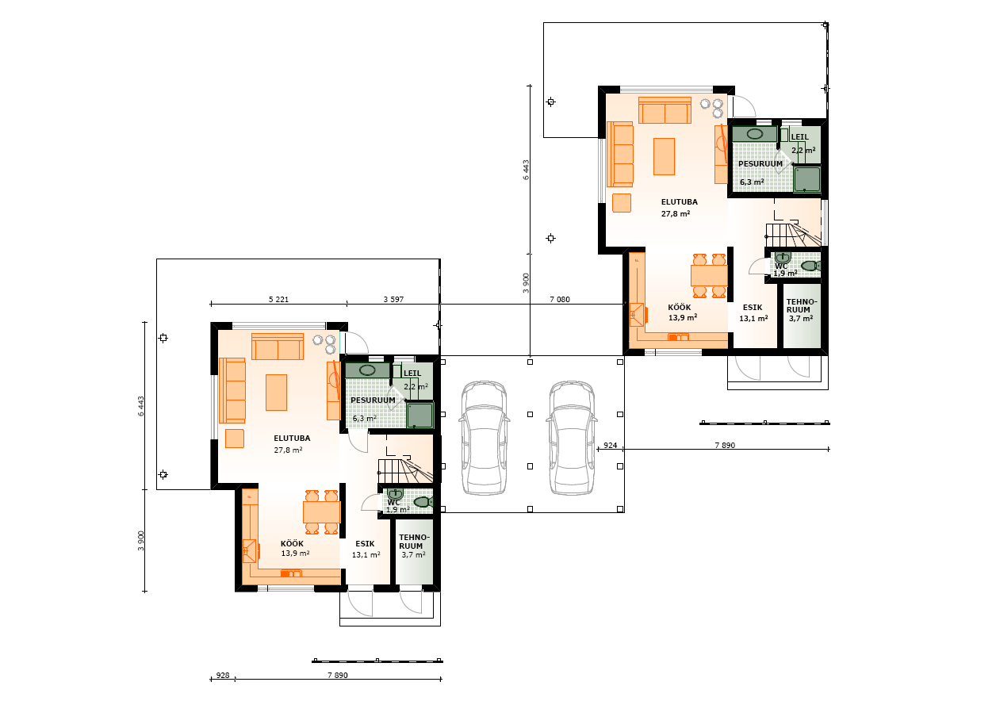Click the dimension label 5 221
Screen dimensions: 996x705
coord(278,299)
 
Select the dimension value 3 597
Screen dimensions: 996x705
coord(393,299)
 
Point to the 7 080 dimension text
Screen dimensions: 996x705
coord(560,299)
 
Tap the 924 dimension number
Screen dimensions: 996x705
coord(610,445)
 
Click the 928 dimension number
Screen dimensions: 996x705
coord(223,675)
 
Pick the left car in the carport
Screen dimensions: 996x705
coord(485,438)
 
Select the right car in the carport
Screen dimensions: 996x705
coord(572,438)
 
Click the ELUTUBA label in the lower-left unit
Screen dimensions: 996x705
coord(292,438)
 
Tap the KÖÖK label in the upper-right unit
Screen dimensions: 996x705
coord(680,308)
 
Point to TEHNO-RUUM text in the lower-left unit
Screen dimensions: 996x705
coord(413,542)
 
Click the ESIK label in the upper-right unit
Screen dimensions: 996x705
coord(753,308)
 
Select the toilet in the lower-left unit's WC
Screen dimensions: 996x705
coord(423,502)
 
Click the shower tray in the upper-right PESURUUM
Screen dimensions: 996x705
coord(807,179)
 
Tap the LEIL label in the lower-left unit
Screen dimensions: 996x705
coord(412,374)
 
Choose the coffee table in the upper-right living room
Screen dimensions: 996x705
coord(664,156)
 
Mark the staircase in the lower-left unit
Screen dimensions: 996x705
coord(405,470)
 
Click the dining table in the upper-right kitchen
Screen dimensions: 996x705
coord(709,276)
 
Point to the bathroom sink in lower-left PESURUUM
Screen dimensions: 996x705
coord(367,370)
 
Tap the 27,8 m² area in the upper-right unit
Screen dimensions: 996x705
coord(676,213)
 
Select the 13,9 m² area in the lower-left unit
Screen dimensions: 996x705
coord(295,554)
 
